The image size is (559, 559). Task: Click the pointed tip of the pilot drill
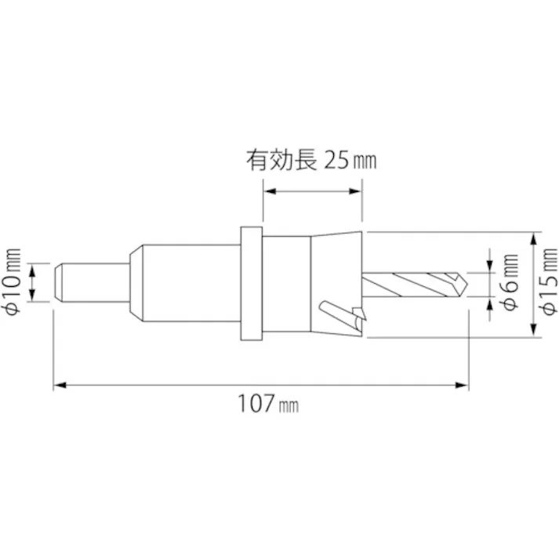465,283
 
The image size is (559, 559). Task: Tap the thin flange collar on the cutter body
250,284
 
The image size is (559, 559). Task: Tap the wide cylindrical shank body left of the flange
188,284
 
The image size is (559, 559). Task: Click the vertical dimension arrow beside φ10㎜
33,282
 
